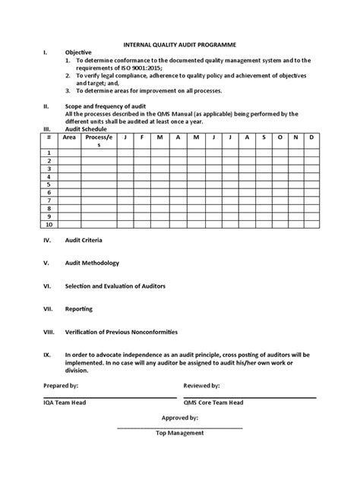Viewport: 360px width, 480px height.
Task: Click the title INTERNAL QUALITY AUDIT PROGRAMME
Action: tap(180, 45)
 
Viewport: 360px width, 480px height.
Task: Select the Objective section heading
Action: tap(78, 52)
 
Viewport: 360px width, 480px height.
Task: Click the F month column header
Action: tap(142, 137)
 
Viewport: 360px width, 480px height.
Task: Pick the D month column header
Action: tap(311, 137)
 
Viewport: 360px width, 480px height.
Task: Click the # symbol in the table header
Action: tap(49, 137)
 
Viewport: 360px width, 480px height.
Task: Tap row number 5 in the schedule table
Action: tap(49, 184)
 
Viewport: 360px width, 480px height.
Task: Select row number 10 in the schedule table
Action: tap(49, 225)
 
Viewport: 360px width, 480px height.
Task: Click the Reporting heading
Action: tap(79, 310)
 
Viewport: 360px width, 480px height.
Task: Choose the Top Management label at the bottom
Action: tap(180, 433)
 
